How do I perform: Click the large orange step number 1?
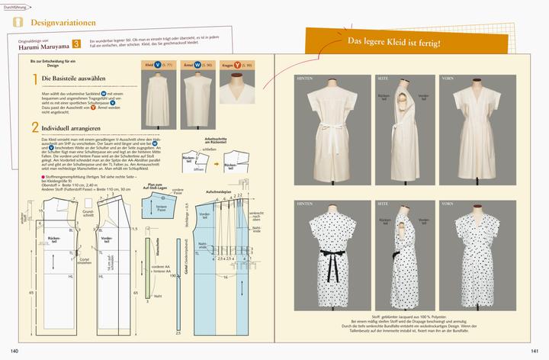[x=35, y=79]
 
